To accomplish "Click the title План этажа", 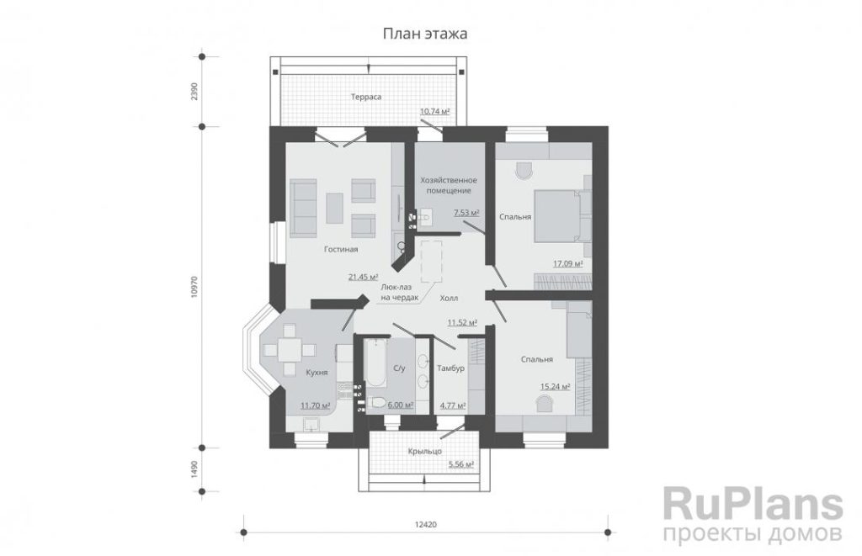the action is [x=425, y=34].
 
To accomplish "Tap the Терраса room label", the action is [x=366, y=98].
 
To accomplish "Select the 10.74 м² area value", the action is [x=435, y=112].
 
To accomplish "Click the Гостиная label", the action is [x=341, y=250].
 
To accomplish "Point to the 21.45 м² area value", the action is [x=364, y=277].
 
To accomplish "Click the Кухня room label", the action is [x=317, y=373].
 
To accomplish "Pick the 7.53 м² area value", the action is [x=466, y=213].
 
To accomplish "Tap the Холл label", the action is [x=449, y=299].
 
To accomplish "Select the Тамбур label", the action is [x=451, y=368].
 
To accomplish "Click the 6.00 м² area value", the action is [x=401, y=405].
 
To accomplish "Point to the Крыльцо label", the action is [x=425, y=451].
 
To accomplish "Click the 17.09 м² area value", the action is [x=568, y=264].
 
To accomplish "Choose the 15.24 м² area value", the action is [x=556, y=386].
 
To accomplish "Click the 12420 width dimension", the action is [x=425, y=525].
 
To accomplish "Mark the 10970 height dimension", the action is [x=194, y=287].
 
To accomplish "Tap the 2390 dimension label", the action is [x=194, y=92].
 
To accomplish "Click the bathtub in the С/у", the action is [x=377, y=363].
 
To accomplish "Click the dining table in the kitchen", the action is [x=290, y=350].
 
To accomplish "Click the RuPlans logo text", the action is [x=753, y=504].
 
